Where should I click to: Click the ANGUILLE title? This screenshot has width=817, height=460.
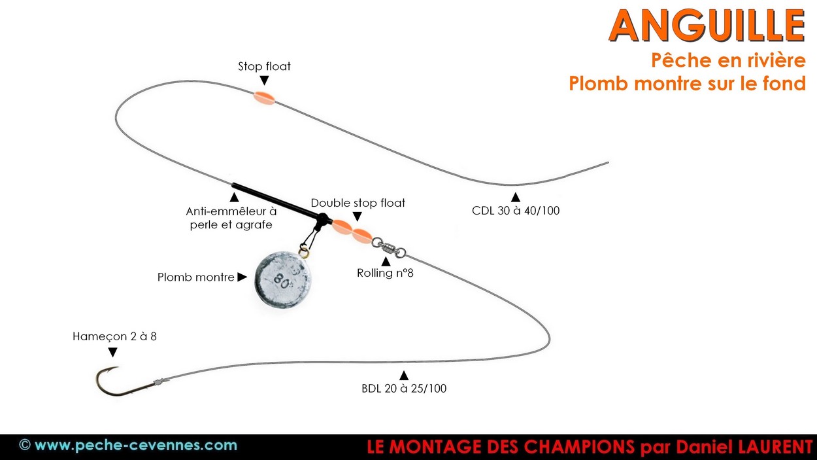[707, 26]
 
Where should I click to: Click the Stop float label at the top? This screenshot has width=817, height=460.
[264, 66]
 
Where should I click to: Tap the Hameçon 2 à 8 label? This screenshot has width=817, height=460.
[114, 337]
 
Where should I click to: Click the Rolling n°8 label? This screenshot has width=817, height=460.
[385, 273]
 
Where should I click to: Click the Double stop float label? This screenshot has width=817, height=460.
[358, 203]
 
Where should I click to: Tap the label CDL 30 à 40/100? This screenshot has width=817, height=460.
[516, 211]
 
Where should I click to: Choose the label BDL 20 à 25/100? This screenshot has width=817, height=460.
[404, 388]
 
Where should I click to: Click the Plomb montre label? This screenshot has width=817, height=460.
[195, 277]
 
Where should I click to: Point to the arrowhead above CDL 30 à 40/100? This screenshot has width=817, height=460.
[516, 196]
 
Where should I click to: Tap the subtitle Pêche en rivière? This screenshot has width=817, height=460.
[727, 60]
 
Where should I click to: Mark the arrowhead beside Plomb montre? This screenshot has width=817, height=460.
[242, 277]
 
